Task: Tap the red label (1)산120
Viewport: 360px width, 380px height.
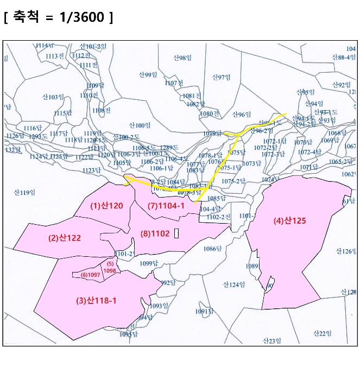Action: click(x=107, y=206)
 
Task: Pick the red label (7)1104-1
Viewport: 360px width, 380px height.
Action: click(x=166, y=206)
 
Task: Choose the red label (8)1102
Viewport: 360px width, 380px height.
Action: click(x=155, y=233)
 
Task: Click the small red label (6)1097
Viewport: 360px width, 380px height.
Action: click(x=90, y=275)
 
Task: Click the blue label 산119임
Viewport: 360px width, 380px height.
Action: click(x=24, y=192)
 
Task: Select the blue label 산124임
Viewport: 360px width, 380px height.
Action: click(x=235, y=284)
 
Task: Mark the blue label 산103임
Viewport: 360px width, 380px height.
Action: click(x=53, y=97)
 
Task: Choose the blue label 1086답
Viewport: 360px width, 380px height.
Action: click(x=212, y=249)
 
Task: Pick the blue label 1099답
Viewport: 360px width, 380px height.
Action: click(x=148, y=263)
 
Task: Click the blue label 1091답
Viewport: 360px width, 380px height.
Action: click(x=204, y=312)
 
